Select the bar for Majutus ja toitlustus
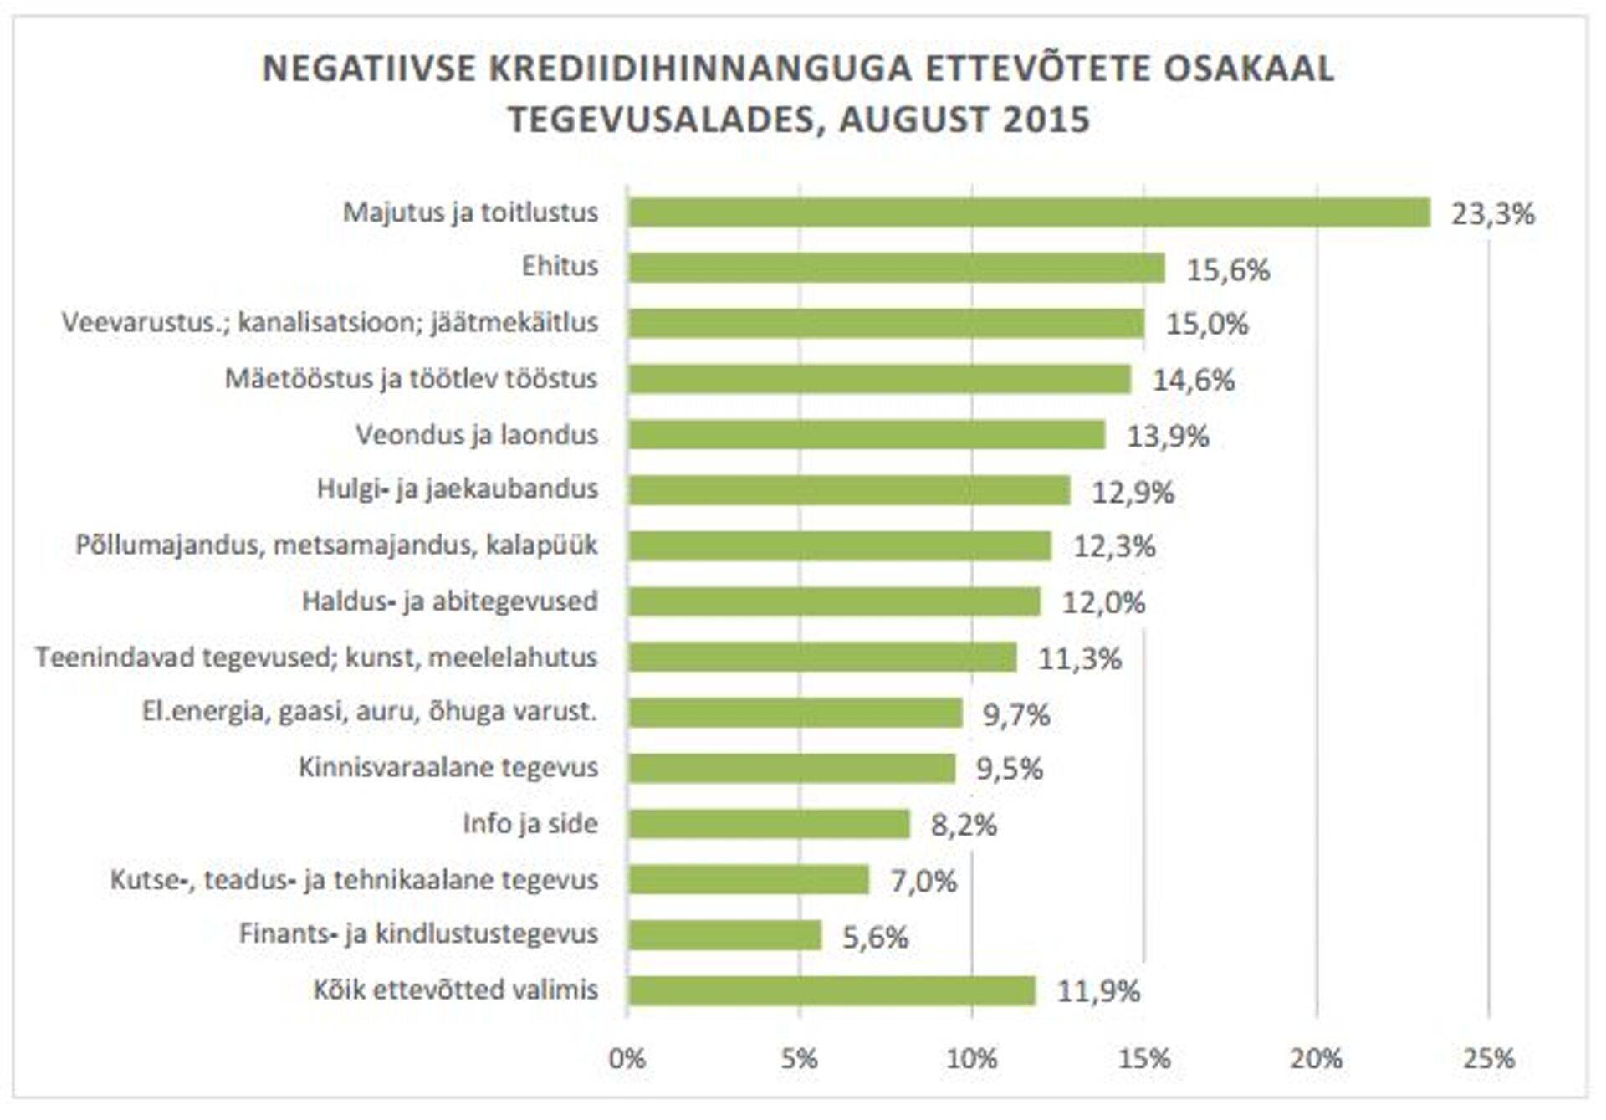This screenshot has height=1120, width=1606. pos(1029,212)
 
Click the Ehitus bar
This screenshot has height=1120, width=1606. pos(896,268)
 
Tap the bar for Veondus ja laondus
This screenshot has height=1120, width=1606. pos(866,435)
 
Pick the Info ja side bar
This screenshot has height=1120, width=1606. pos(768,824)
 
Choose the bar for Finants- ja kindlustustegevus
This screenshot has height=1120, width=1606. pos(724,935)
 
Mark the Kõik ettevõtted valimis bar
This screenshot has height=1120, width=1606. pos(831,991)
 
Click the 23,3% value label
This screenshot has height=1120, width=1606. pos(1493,214)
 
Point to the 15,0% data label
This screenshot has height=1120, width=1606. pos(1207,324)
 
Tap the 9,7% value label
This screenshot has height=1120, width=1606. pos(1016,715)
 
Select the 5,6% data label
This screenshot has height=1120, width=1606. pos(875,937)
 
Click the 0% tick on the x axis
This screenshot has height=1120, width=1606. pos(627,1060)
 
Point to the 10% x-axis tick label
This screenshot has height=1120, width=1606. pos(971,1060)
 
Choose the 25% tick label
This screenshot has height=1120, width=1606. pos(1489,1060)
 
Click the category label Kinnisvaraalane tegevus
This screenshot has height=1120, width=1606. pos(448,768)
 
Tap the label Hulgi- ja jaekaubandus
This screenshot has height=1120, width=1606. pos(457,489)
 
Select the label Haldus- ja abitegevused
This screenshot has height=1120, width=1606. pos(450,601)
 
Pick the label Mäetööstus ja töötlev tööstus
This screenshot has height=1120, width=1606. pos(411,379)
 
